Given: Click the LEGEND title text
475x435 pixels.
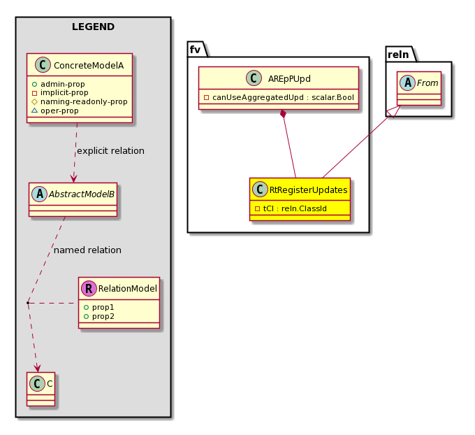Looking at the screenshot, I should click(x=93, y=27).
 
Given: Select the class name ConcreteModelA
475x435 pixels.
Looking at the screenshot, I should click(x=88, y=65).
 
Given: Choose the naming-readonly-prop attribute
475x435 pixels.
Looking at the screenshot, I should click(x=84, y=101).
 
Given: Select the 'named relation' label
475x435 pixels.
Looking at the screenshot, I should click(x=87, y=250).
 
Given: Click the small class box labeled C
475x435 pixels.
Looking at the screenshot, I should click(x=41, y=385).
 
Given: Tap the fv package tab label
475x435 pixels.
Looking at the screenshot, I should click(x=196, y=49).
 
